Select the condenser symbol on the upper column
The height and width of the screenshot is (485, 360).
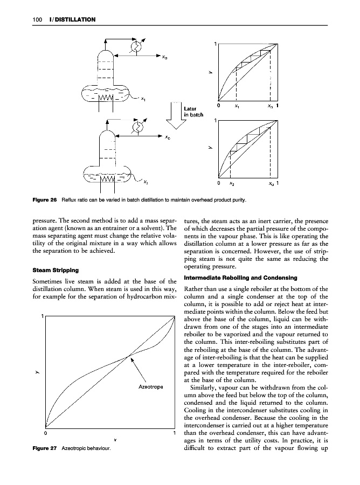[x=138, y=47]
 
